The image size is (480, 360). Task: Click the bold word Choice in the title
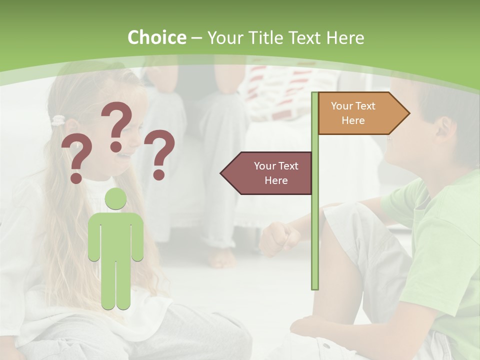(x=156, y=37)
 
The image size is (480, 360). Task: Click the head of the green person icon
(x=115, y=199)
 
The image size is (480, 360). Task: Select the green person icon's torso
(x=115, y=235)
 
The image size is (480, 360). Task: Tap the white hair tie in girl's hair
(x=59, y=120)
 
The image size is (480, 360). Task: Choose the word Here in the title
(x=345, y=37)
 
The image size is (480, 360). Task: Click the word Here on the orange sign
(x=353, y=120)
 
